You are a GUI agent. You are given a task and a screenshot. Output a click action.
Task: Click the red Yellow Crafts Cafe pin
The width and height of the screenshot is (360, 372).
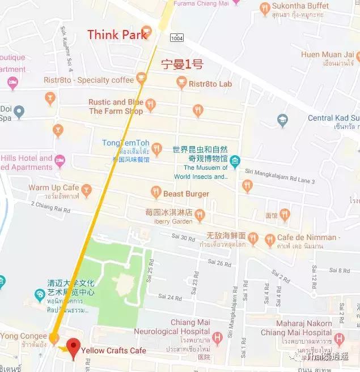point(72,347)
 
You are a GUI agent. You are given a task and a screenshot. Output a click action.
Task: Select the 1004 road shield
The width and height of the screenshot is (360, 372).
point(176,37)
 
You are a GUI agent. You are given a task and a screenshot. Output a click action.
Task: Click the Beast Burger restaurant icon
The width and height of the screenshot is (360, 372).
point(156,193)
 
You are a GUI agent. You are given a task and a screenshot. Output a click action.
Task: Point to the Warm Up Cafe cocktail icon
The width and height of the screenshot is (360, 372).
point(86,188)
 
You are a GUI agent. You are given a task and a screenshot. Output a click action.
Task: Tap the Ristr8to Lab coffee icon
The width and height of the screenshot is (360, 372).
point(181,83)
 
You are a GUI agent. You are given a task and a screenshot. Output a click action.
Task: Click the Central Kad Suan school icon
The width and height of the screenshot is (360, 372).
point(282,119)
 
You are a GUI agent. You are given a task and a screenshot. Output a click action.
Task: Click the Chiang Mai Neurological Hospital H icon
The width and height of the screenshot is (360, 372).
point(217,338)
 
